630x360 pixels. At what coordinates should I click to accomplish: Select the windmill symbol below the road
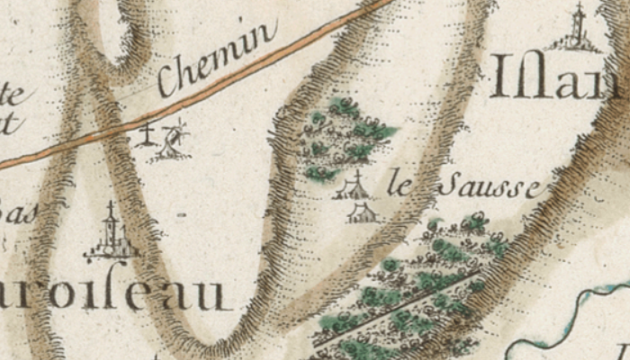point(174,139)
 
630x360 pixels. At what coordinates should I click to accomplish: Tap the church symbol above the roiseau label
point(111,236)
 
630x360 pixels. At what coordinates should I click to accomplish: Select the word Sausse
point(490,187)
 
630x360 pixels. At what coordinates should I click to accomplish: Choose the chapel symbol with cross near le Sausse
point(355,187)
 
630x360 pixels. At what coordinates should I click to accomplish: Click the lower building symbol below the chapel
point(362,213)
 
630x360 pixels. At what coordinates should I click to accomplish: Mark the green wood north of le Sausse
point(346,135)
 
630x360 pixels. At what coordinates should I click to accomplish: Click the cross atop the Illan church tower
point(578,9)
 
